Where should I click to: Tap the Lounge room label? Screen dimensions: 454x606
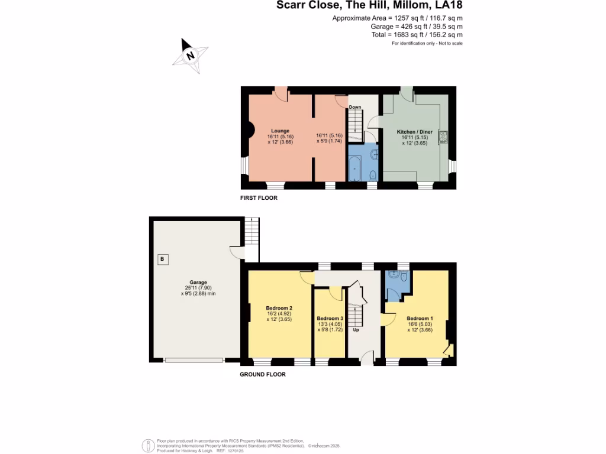280,131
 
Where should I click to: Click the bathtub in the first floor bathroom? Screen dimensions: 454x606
354,168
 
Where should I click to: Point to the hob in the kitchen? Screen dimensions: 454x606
443,137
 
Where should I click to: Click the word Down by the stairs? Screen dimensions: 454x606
354,107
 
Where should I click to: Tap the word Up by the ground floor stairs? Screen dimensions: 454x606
356,330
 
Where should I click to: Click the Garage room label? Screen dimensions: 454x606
198,282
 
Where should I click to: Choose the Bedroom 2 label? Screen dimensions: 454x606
280,307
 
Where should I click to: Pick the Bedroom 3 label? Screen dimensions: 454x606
330,318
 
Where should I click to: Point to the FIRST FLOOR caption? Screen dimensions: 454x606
259,198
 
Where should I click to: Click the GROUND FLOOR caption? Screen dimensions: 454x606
262,374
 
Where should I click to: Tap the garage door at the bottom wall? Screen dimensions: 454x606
194,359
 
